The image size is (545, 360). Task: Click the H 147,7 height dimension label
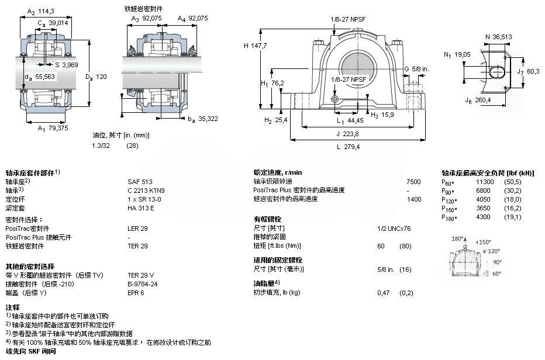pos(256,46)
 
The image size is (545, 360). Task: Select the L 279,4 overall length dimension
pos(347,146)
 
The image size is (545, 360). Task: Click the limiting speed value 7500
pos(413,181)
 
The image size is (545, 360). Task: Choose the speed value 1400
pos(413,199)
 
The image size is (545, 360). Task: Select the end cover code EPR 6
pos(136,292)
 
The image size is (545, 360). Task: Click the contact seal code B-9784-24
pos(142,283)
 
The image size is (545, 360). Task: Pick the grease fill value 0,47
pos(383,292)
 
